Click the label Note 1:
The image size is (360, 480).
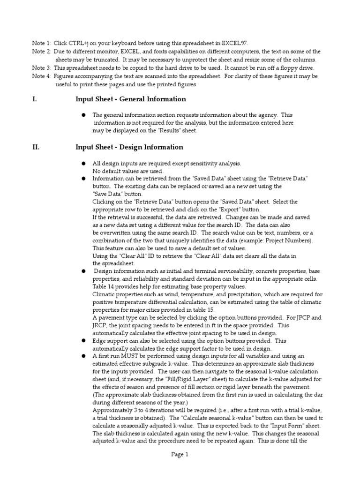41,43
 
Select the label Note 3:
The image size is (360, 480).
41,67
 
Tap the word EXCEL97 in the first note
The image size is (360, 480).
231,43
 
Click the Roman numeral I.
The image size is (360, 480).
34,99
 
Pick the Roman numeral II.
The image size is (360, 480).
36,147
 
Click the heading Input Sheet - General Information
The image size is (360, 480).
131,99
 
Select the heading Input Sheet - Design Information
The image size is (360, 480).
129,147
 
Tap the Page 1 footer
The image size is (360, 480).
180,454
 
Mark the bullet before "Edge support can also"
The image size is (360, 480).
83,341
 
